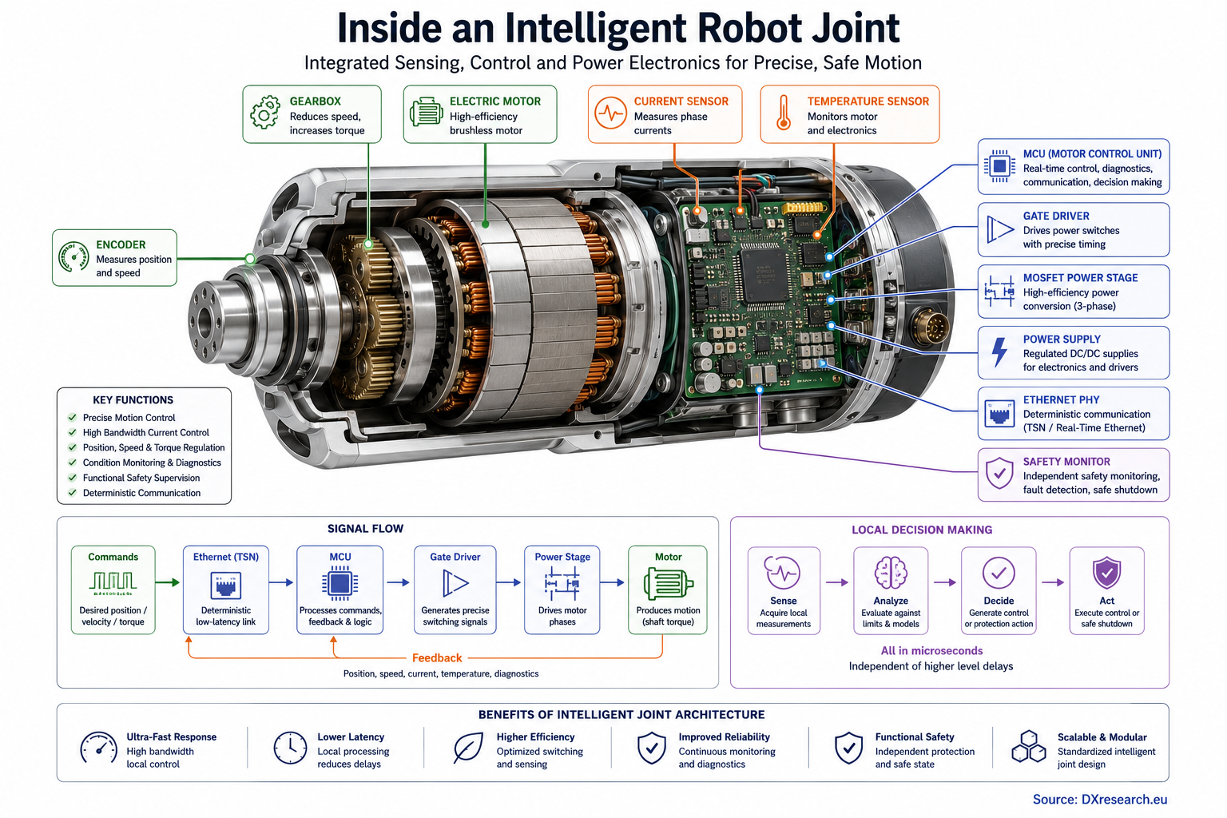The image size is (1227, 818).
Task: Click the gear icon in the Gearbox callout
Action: click(265, 113)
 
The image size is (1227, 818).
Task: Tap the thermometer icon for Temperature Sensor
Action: click(784, 113)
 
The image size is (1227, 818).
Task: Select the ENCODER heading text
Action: click(121, 244)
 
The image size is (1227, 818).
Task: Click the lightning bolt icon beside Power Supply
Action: click(999, 351)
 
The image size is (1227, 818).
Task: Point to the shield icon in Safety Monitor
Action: click(999, 473)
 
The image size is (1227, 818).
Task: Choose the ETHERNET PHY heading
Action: click(1061, 400)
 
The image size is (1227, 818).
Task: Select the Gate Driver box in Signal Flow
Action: click(455, 590)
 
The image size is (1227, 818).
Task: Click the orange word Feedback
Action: click(437, 657)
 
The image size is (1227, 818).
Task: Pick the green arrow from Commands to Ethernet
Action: click(168, 582)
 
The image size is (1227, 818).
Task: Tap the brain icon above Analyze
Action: click(891, 573)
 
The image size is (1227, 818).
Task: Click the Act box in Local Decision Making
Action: click(1106, 590)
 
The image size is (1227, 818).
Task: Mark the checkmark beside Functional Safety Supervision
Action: click(72, 477)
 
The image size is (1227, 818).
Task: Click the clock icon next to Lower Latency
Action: click(290, 748)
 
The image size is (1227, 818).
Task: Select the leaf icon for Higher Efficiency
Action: click(468, 748)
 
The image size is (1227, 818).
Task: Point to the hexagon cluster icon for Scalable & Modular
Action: click(1028, 746)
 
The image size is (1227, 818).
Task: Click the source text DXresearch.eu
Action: click(1124, 800)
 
